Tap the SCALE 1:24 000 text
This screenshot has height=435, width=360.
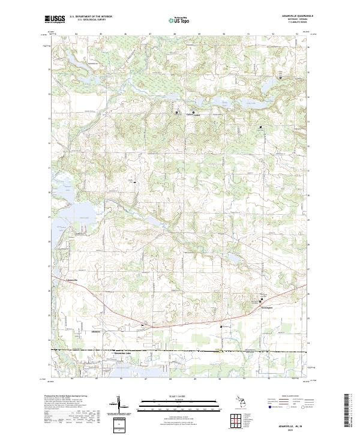[x=179, y=397]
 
